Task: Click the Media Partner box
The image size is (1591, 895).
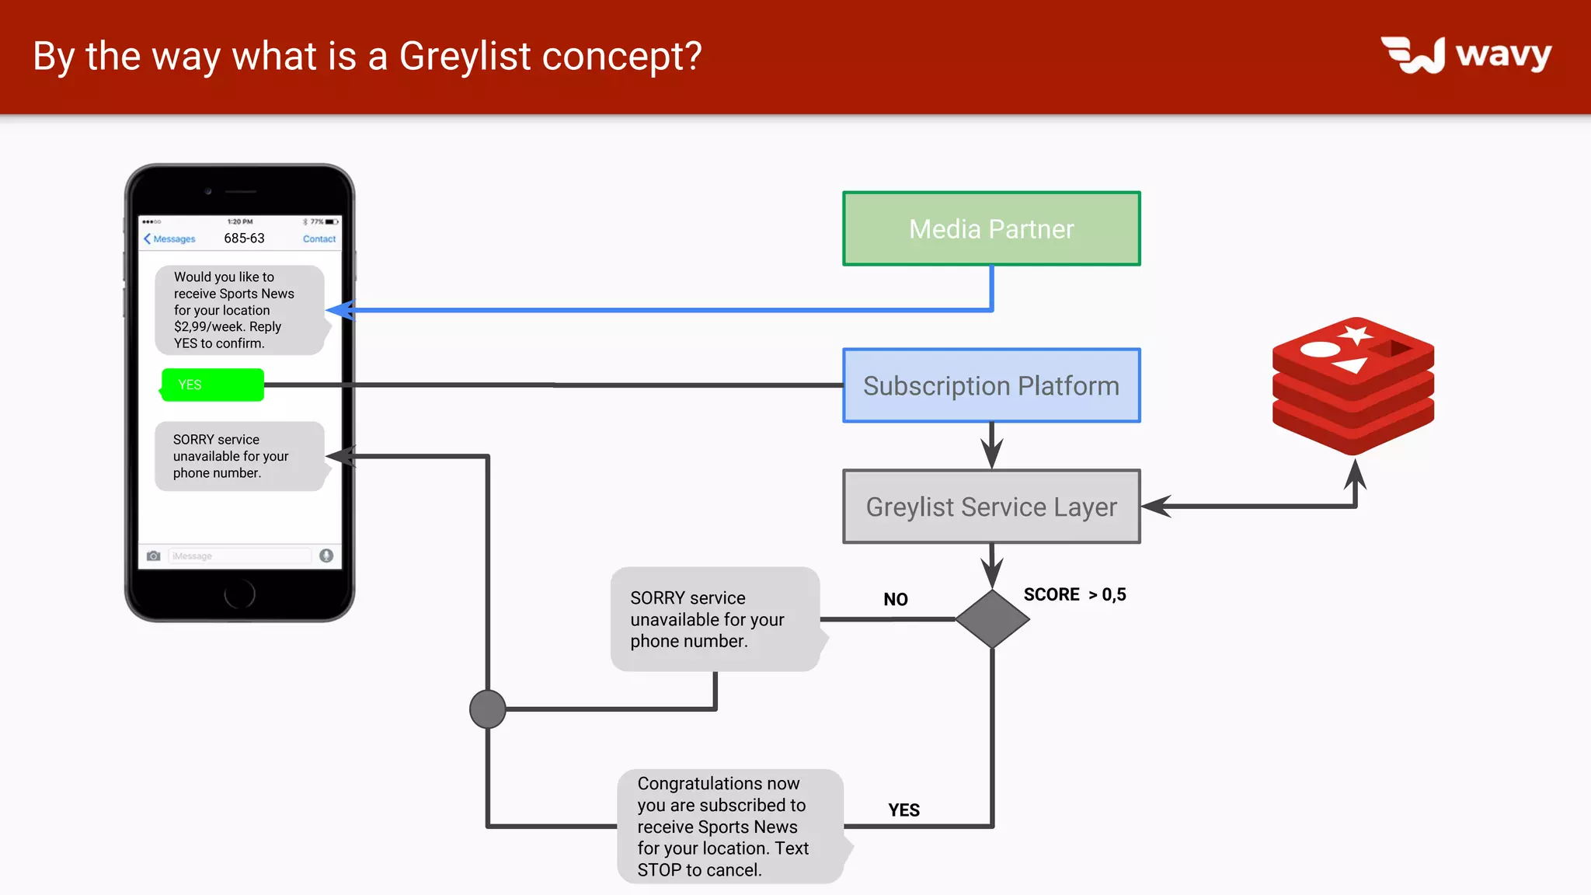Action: pos(991,228)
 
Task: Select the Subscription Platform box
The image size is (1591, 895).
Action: pos(991,385)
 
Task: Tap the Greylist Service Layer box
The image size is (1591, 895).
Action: pos(991,507)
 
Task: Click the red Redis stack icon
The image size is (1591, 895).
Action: pos(1353,385)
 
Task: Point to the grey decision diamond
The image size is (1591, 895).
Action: pos(992,619)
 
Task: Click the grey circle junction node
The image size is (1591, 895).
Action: pos(488,709)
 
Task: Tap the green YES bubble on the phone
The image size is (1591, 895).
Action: pos(213,385)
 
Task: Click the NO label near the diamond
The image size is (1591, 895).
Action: pos(895,599)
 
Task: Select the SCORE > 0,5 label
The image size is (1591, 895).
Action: pos(1074,594)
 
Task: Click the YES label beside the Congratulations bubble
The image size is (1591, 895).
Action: pos(903,810)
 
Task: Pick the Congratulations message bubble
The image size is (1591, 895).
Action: pos(729,827)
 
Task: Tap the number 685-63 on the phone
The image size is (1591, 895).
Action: pos(244,239)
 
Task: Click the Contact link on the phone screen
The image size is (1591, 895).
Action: pos(319,239)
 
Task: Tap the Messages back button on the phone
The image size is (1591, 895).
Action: pos(169,239)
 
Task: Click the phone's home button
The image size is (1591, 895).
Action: pos(239,594)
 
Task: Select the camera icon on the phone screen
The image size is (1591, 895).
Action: pos(154,555)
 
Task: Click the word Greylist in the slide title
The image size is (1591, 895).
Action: pos(465,56)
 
